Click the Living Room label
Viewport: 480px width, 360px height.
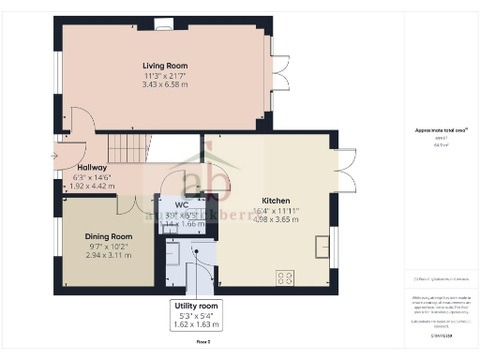point(164,65)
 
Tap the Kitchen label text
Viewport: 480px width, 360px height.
point(275,201)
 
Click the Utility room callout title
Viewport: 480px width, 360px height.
point(197,307)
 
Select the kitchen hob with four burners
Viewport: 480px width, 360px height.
point(285,276)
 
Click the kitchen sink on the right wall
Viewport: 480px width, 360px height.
point(323,245)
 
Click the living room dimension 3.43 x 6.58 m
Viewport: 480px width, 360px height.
point(164,85)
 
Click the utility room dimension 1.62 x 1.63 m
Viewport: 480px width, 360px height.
point(197,325)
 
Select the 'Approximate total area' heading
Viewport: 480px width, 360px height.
point(436,130)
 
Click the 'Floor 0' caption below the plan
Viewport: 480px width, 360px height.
point(203,342)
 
